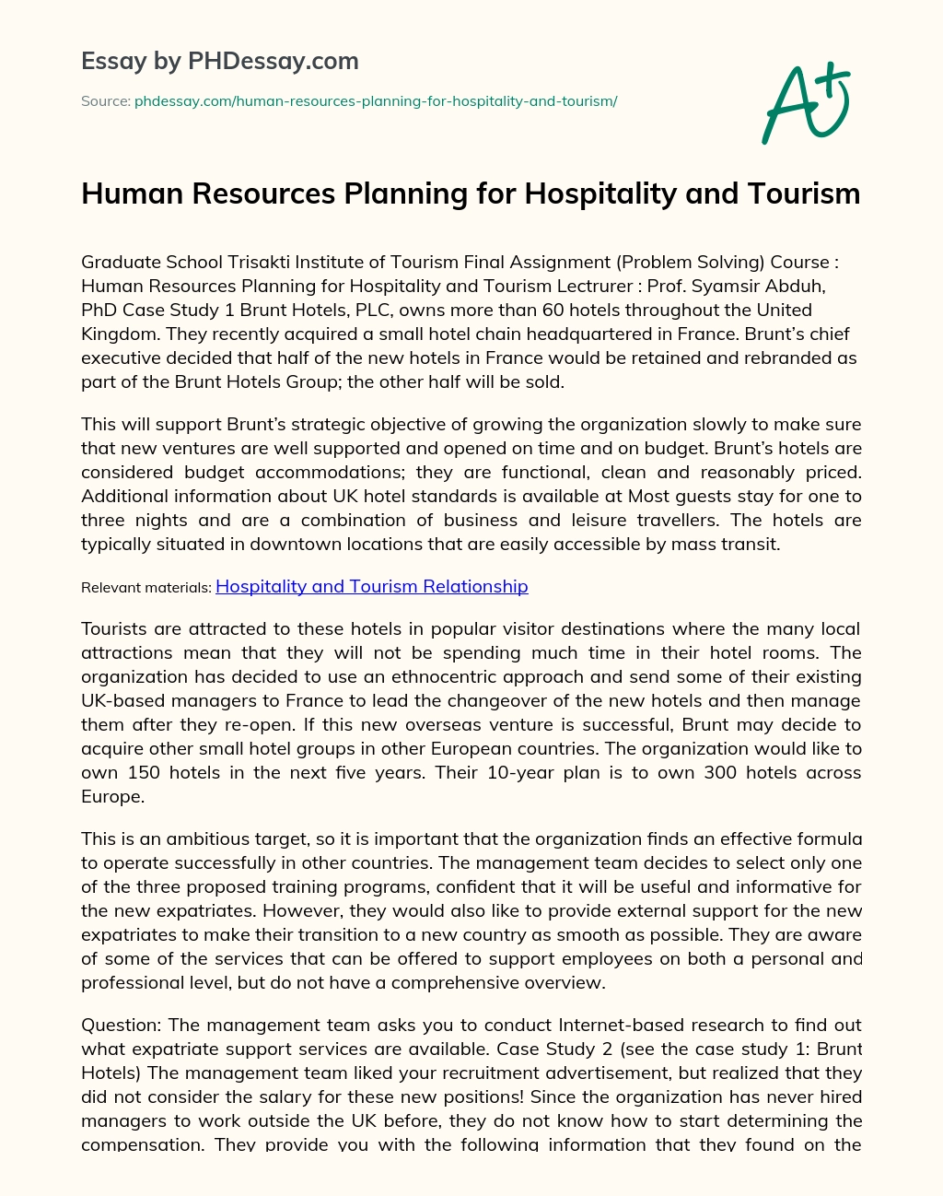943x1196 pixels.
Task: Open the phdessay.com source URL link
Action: (376, 101)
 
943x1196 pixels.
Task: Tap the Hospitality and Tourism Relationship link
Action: (371, 586)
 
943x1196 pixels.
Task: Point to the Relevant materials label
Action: (146, 587)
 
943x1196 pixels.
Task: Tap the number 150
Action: (144, 772)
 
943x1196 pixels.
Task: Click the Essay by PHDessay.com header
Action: (220, 61)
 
